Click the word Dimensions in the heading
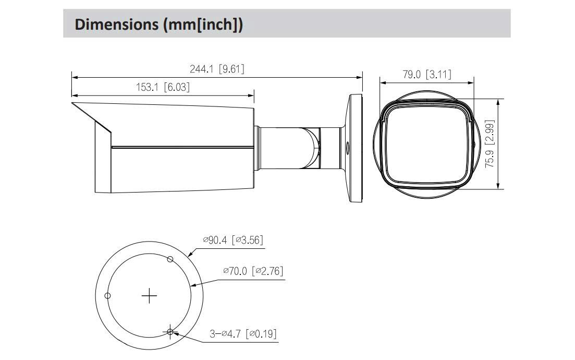[116, 24]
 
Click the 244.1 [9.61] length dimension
[217, 69]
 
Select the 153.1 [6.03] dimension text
[163, 87]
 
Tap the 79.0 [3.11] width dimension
[427, 74]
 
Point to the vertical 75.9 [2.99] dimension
[490, 143]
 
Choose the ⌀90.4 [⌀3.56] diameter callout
[233, 240]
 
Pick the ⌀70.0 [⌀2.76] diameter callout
[253, 271]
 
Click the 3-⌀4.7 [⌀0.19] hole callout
[243, 334]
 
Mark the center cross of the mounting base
[149, 295]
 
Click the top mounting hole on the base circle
[170, 259]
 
